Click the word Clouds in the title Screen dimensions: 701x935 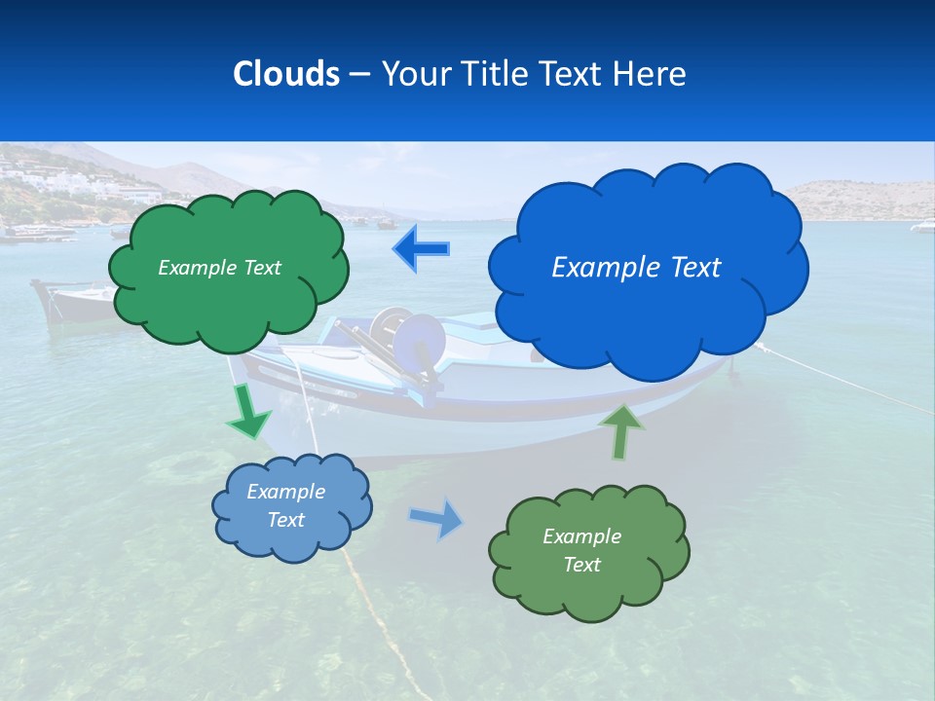point(286,73)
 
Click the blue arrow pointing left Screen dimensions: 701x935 point(421,249)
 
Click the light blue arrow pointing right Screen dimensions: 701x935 point(437,520)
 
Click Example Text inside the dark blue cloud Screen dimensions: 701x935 point(636,267)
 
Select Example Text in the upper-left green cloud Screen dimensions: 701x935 point(219,267)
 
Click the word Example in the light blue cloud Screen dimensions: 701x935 point(285,492)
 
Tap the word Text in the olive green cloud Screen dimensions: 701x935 point(581,565)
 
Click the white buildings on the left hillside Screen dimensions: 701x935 point(39,181)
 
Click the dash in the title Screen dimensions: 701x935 point(359,74)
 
